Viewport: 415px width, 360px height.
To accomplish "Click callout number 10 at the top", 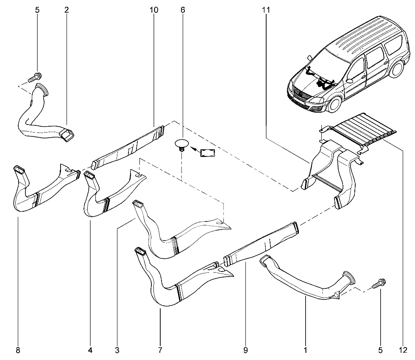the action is [x=154, y=10].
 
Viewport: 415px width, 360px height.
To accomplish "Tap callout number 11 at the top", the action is [x=266, y=10].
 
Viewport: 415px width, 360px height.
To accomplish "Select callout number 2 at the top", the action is [x=67, y=10].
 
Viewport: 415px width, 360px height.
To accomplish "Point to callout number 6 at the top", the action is [x=183, y=10].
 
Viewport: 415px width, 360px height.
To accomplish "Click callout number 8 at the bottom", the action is [x=18, y=351].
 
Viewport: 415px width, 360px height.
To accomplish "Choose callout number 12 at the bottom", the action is [x=403, y=351].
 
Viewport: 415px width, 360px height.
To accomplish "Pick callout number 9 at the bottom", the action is [x=245, y=351].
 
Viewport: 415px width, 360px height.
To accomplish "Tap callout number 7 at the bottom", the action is [x=160, y=351].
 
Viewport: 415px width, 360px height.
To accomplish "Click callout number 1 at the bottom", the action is [x=305, y=351].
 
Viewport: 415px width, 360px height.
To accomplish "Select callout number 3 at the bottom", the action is [x=117, y=351].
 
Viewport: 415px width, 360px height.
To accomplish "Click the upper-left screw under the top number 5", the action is [x=35, y=77].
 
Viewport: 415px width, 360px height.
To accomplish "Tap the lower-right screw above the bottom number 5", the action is [x=379, y=283].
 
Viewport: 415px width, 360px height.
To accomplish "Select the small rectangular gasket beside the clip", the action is [x=208, y=153].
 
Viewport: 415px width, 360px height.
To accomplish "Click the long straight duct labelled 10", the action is [x=128, y=147].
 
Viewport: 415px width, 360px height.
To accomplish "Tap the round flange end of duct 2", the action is [x=42, y=89].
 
